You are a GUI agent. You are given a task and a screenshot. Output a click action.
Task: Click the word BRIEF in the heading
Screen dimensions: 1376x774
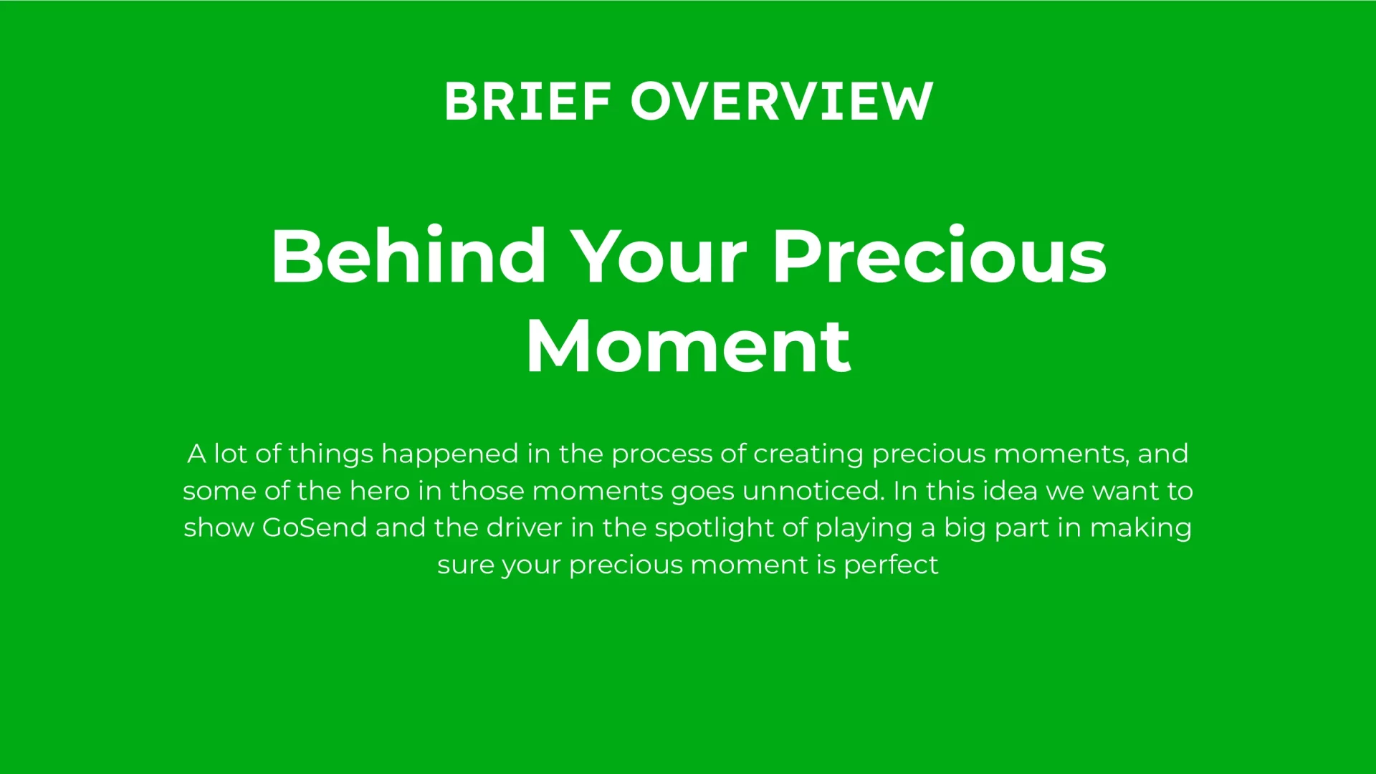[527, 101]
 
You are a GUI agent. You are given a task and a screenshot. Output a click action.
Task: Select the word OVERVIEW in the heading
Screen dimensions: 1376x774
[782, 101]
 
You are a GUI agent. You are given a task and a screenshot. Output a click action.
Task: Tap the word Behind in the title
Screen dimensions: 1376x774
[408, 256]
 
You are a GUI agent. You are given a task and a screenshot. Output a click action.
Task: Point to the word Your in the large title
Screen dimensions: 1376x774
[661, 257]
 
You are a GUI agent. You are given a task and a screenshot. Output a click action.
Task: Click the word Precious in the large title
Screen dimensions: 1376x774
[940, 256]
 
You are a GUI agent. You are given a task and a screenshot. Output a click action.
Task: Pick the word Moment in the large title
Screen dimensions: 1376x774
[689, 346]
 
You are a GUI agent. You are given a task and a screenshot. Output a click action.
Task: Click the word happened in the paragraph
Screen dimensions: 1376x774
[450, 455]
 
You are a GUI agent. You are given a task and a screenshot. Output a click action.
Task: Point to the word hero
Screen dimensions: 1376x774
[380, 491]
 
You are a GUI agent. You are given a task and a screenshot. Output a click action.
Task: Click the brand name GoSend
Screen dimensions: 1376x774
[315, 527]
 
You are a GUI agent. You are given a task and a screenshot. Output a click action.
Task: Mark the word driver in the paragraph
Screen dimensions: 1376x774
[525, 527]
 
